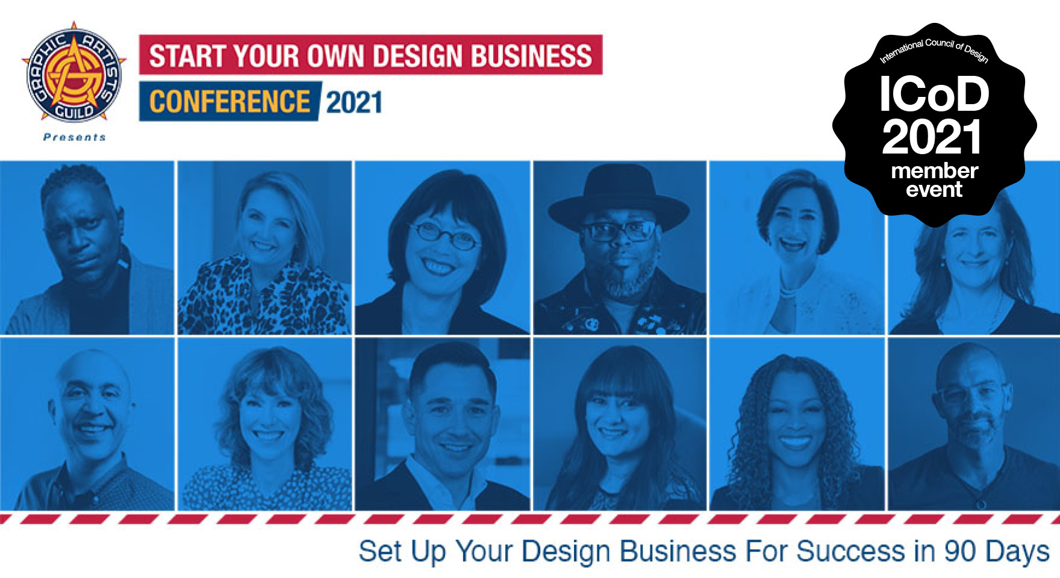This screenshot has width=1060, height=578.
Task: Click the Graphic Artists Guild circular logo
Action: (x=74, y=73)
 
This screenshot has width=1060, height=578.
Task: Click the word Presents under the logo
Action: (x=75, y=137)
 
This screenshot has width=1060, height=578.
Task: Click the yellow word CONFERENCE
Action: (x=229, y=101)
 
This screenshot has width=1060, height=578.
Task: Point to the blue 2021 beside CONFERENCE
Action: (x=354, y=102)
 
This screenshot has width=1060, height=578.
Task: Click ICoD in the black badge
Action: (x=934, y=94)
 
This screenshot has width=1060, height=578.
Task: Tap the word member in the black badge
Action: (x=934, y=171)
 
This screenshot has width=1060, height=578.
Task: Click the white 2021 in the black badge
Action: (x=932, y=137)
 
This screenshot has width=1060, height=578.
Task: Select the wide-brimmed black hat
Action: (x=619, y=199)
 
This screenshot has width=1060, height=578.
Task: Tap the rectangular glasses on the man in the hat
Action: (x=619, y=231)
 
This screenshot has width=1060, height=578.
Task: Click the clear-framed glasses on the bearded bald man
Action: (x=971, y=393)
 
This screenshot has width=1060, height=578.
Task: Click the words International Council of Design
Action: (x=934, y=49)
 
